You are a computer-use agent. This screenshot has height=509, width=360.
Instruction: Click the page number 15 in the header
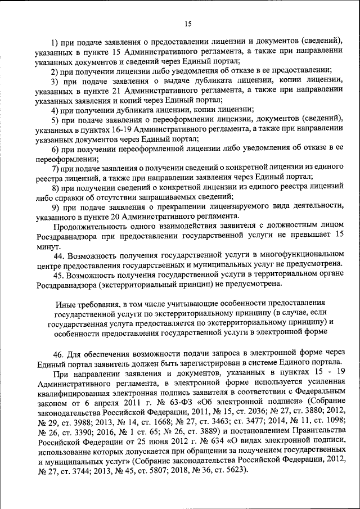[x=188, y=24]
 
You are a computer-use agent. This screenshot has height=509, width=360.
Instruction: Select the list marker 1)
[x=55, y=42]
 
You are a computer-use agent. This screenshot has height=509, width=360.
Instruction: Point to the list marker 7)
[x=55, y=168]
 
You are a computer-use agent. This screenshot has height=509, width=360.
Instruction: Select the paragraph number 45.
[x=59, y=276]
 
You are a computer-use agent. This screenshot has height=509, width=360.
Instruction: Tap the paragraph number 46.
[x=59, y=354]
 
